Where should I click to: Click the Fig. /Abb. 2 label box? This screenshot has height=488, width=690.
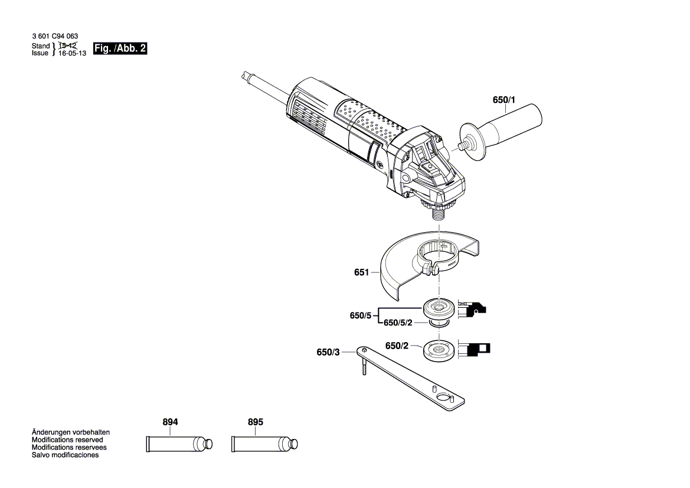[x=120, y=49]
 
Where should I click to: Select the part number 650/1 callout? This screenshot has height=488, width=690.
[x=503, y=100]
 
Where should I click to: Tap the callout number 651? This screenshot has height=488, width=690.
[x=361, y=272]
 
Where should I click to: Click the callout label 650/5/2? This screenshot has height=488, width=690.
[x=398, y=323]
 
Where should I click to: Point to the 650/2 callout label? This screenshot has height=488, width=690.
[x=397, y=346]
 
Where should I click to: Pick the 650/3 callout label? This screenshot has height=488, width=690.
[x=328, y=352]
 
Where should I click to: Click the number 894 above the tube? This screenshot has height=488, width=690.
[x=170, y=422]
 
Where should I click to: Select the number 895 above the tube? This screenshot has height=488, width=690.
[x=255, y=422]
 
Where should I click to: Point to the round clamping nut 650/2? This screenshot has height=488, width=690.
[x=439, y=350]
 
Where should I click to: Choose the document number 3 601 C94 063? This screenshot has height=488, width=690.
[x=54, y=37]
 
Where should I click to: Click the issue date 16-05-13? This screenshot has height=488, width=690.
[x=73, y=53]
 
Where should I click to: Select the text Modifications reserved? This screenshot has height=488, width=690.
[x=67, y=440]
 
